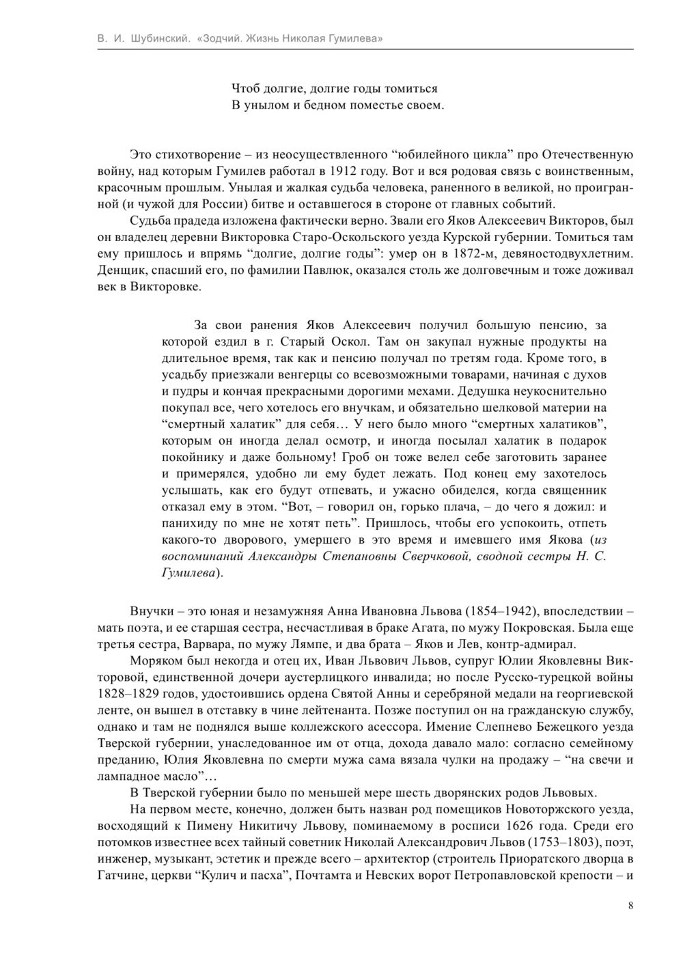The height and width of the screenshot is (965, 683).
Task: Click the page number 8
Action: coord(630,906)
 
